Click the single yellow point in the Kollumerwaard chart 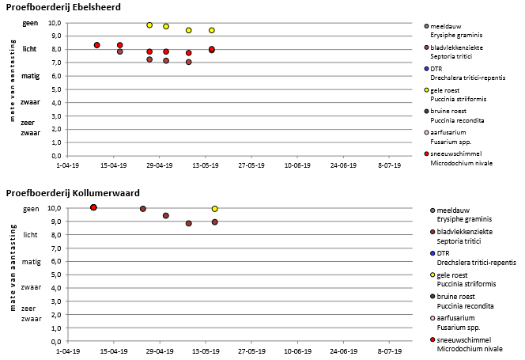[214, 209]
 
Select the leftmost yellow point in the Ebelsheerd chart [149, 25]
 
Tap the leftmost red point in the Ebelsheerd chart [96, 45]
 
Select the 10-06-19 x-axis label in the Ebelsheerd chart [297, 165]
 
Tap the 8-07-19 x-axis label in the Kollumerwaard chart [390, 350]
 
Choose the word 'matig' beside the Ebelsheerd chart [31, 76]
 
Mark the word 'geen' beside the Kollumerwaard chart [31, 208]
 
